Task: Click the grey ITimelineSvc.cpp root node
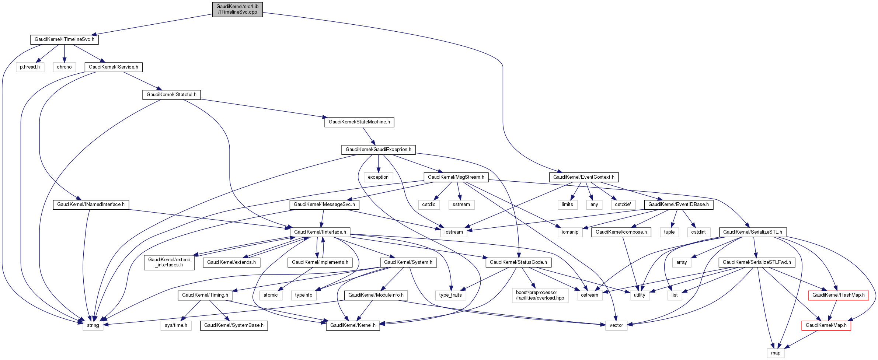coord(237,9)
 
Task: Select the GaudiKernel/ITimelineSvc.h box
coord(65,39)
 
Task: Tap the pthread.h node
coord(30,67)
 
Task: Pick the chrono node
coord(64,67)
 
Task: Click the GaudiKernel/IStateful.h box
coord(171,95)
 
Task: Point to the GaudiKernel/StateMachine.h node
coord(359,122)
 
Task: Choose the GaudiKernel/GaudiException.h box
coord(378,150)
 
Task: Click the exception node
coord(378,177)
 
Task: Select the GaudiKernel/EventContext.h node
coord(583,177)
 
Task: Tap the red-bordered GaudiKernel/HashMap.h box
coord(838,295)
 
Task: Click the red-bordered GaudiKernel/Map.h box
coord(826,325)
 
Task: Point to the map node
coord(776,353)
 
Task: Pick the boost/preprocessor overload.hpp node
coord(540,295)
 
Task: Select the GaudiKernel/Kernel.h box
coord(353,325)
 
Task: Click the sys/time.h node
coord(176,325)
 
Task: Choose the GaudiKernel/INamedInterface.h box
coord(91,205)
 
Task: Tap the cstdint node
coord(698,232)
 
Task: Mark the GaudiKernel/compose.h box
coord(621,232)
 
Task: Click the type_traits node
coord(450,295)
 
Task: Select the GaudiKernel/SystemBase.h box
coord(234,325)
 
